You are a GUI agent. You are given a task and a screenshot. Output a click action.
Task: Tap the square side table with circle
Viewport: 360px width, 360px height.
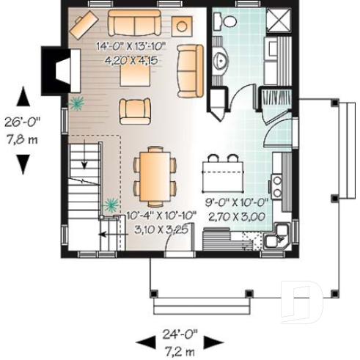[x=183, y=25]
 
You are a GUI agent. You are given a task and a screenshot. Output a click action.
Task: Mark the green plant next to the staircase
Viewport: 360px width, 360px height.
[x=111, y=202]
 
